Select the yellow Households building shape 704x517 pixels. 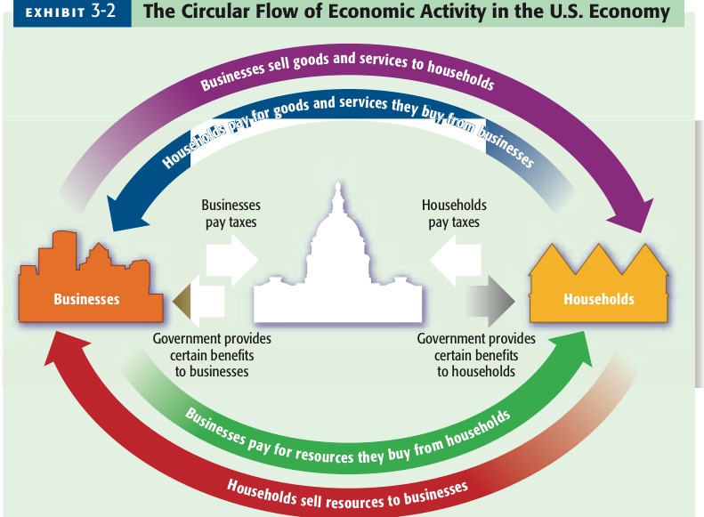598,289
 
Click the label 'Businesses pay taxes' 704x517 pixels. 230,213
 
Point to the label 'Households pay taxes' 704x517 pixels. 454,213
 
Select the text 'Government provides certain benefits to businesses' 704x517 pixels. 212,355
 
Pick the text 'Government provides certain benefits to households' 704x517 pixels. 476,355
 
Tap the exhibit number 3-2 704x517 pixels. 103,12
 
